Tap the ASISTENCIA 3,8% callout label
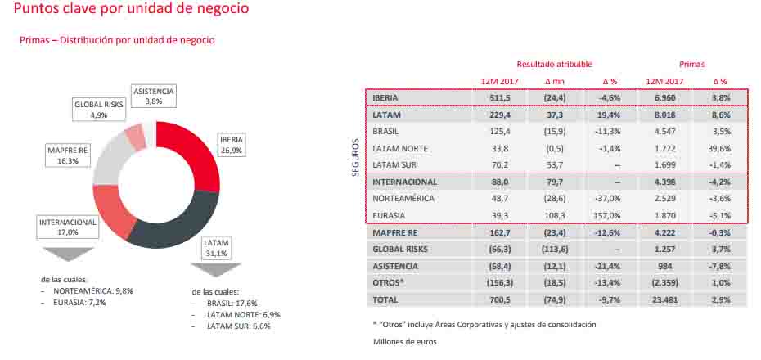[x=154, y=96]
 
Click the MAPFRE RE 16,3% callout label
[x=70, y=155]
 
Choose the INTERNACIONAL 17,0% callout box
[x=68, y=227]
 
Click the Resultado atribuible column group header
[x=554, y=65]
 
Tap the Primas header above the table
[x=691, y=65]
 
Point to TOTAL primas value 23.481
[x=663, y=300]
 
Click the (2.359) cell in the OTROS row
[x=663, y=283]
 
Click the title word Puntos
[x=38, y=10]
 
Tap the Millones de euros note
[x=404, y=342]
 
